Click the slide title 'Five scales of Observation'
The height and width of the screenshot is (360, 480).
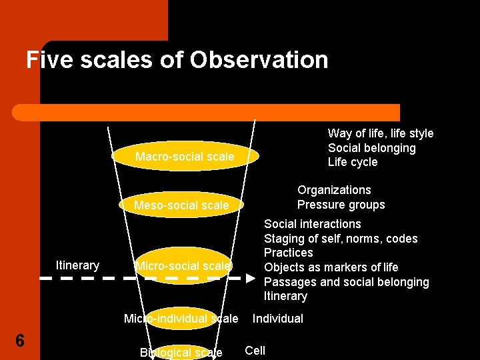click(x=177, y=60)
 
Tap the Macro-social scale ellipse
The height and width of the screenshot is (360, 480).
click(x=184, y=157)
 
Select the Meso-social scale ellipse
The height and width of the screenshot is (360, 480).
click(x=181, y=205)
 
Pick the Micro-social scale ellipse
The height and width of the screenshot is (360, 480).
click(x=183, y=265)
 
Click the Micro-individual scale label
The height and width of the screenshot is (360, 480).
click(x=181, y=319)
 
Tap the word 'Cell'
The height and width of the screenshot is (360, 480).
click(x=255, y=351)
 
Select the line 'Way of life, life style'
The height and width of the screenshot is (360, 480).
click(x=380, y=133)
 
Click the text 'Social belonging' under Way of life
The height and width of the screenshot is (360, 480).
click(x=371, y=148)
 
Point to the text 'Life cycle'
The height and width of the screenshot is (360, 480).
click(x=352, y=162)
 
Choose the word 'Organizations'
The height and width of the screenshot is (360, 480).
click(x=334, y=190)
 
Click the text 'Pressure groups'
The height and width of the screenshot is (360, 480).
click(x=341, y=205)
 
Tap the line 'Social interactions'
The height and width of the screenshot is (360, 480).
click(x=312, y=224)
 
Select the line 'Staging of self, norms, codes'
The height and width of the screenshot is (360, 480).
click(x=341, y=239)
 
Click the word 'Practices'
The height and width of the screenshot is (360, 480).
click(x=288, y=253)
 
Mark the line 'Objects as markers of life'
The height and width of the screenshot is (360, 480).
click(x=331, y=267)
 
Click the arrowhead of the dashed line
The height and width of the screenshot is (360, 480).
click(x=252, y=277)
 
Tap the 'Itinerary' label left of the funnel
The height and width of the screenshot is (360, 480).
click(x=77, y=265)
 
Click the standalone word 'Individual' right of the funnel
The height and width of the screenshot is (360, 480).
click(x=277, y=319)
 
